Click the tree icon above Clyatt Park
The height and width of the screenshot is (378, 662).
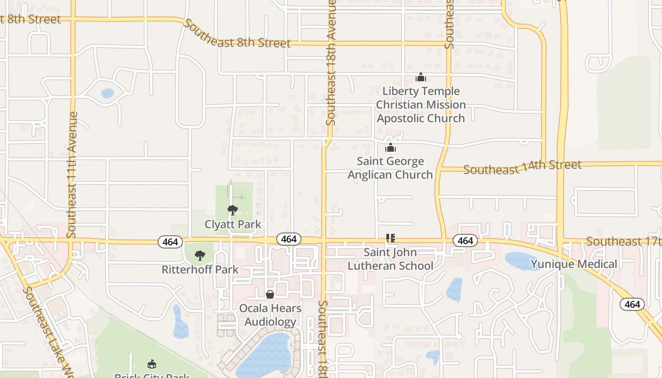point(232,210)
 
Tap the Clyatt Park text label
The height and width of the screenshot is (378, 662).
point(233,224)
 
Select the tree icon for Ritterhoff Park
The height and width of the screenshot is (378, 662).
point(200,256)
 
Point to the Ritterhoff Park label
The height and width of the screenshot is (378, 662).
point(200,269)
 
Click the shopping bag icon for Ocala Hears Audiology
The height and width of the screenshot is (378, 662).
point(270,294)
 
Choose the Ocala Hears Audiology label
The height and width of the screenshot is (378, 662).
point(270,315)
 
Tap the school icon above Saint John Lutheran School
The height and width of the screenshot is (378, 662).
point(391,238)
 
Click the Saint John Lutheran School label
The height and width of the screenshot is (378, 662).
point(391,259)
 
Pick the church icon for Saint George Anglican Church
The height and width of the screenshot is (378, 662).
point(391,147)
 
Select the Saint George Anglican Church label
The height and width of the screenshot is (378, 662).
point(391,168)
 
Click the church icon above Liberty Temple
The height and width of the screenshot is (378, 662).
point(421,77)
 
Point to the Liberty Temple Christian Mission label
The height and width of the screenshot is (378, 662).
point(421,104)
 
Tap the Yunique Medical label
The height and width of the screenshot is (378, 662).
point(574,264)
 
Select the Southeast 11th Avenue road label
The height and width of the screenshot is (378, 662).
point(72,175)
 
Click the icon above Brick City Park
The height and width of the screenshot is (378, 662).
point(152,364)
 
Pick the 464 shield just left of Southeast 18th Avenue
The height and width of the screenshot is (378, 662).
point(288,239)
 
